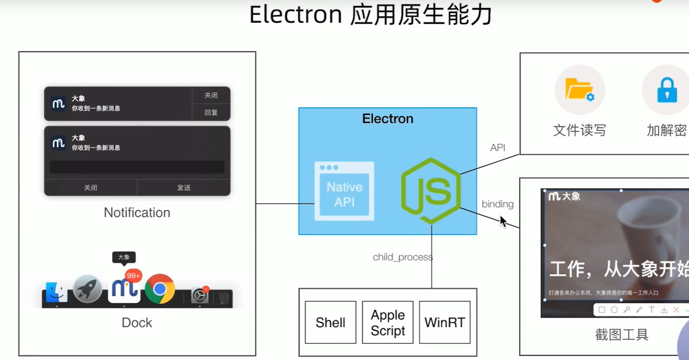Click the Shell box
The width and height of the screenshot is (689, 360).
330,322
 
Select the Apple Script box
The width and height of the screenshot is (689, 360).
388,322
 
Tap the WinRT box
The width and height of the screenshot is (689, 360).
445,322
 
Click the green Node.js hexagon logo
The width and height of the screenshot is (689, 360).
431,191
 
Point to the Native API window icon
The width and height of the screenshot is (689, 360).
344,191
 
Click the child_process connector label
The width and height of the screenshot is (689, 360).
403,257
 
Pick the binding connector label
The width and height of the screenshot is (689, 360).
498,204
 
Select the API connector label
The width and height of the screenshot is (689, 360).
498,148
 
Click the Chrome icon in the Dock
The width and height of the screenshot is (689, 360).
160,289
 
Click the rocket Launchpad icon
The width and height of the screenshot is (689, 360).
88,289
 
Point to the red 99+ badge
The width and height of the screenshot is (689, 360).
133,275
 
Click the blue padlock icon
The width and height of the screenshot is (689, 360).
667,90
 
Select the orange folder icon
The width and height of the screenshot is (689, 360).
579,90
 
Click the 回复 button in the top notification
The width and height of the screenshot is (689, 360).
211,113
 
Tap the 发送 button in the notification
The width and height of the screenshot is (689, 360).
184,187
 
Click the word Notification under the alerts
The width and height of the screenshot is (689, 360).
137,212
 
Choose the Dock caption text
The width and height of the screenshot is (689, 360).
137,323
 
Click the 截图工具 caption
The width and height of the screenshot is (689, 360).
622,335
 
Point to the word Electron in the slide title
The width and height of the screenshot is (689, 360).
296,14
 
